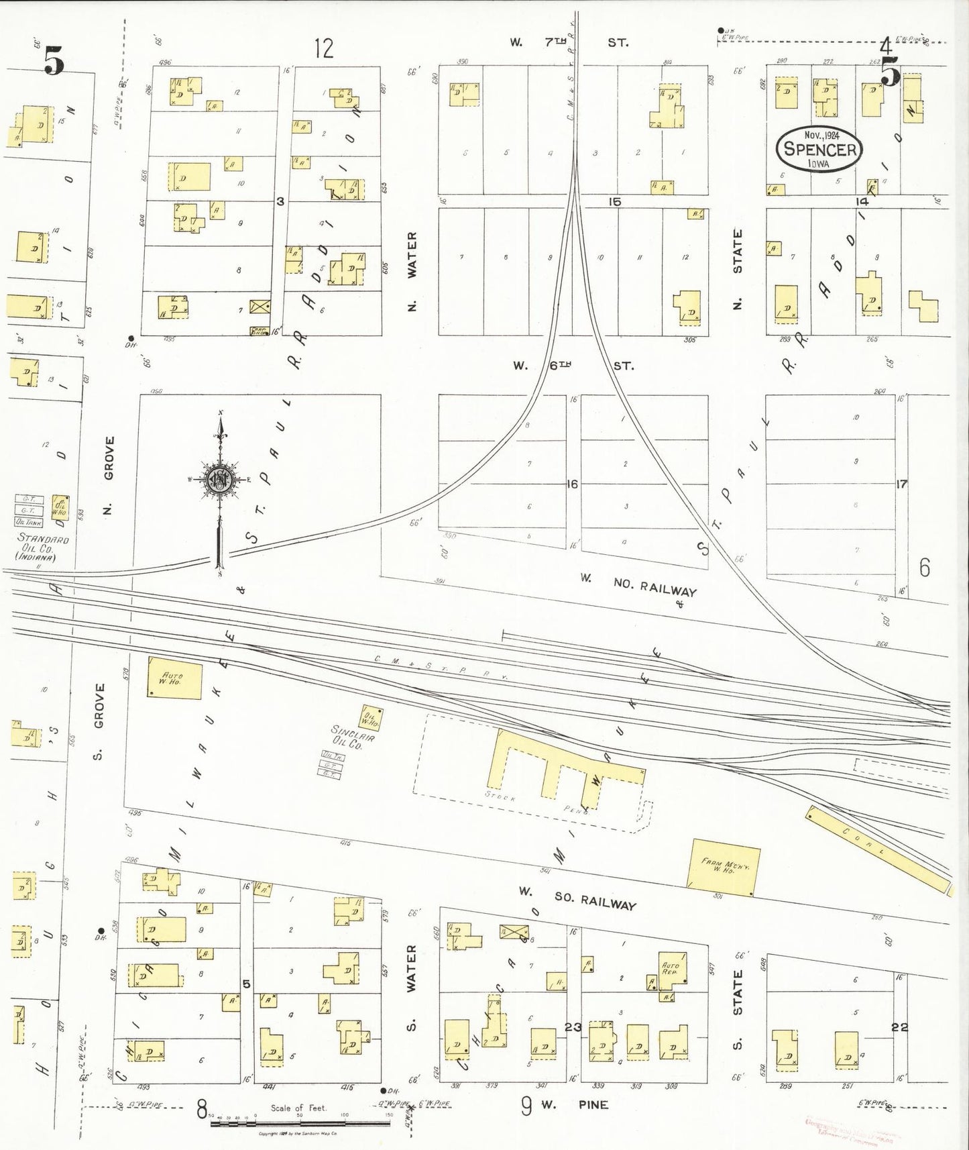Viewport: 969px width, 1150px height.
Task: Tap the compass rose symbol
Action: click(220, 478)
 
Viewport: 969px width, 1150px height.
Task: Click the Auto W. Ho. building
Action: click(174, 677)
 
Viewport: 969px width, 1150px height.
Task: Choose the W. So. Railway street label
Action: click(577, 899)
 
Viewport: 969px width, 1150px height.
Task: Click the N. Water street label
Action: click(412, 271)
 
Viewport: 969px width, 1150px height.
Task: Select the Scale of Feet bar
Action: click(298, 1121)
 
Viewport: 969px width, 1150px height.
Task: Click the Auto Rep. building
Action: click(671, 969)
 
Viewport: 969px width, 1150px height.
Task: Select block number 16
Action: click(572, 484)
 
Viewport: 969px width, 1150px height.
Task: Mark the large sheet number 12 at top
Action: click(323, 48)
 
